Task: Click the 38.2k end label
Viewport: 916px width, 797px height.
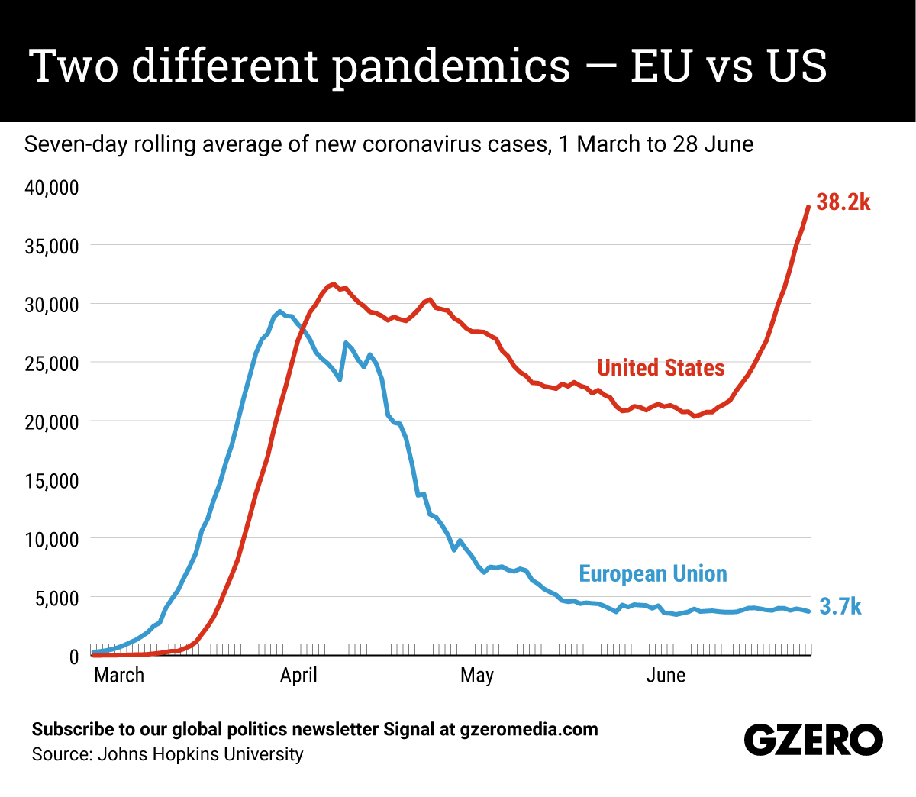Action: tap(843, 202)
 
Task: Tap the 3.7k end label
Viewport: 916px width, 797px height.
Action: tap(840, 607)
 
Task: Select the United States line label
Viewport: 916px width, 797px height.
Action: tap(660, 368)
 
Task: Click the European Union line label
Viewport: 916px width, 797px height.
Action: tap(653, 574)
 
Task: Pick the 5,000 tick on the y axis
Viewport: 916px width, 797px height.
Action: tap(55, 599)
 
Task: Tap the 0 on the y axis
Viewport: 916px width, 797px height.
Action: tap(73, 657)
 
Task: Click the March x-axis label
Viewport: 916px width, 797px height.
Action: tap(119, 676)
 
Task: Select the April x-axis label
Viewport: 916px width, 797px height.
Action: tap(298, 676)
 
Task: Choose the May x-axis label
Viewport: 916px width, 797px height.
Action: tap(477, 676)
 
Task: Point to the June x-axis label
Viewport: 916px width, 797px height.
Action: tap(666, 676)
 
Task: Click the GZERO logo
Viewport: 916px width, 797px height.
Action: tap(813, 740)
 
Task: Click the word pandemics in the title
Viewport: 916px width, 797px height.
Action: tap(451, 66)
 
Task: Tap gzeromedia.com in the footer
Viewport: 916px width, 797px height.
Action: tap(529, 730)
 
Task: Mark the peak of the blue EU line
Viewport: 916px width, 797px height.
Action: tap(279, 311)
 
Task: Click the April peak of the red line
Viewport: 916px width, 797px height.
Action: tap(334, 284)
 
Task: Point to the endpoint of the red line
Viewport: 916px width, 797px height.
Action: tap(808, 207)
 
